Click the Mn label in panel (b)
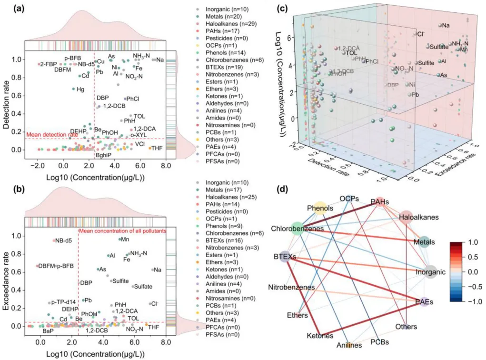125,239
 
